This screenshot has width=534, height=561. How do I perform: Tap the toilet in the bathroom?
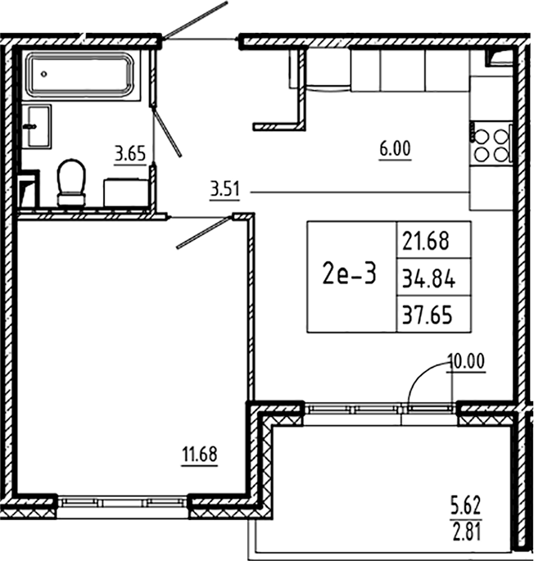[x=71, y=181]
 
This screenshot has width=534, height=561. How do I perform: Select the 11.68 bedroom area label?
[x=200, y=452]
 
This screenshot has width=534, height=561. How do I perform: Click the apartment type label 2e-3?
[x=351, y=275]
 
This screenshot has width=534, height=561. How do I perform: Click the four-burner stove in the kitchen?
[x=491, y=144]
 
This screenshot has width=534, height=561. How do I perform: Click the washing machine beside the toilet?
[x=126, y=192]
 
